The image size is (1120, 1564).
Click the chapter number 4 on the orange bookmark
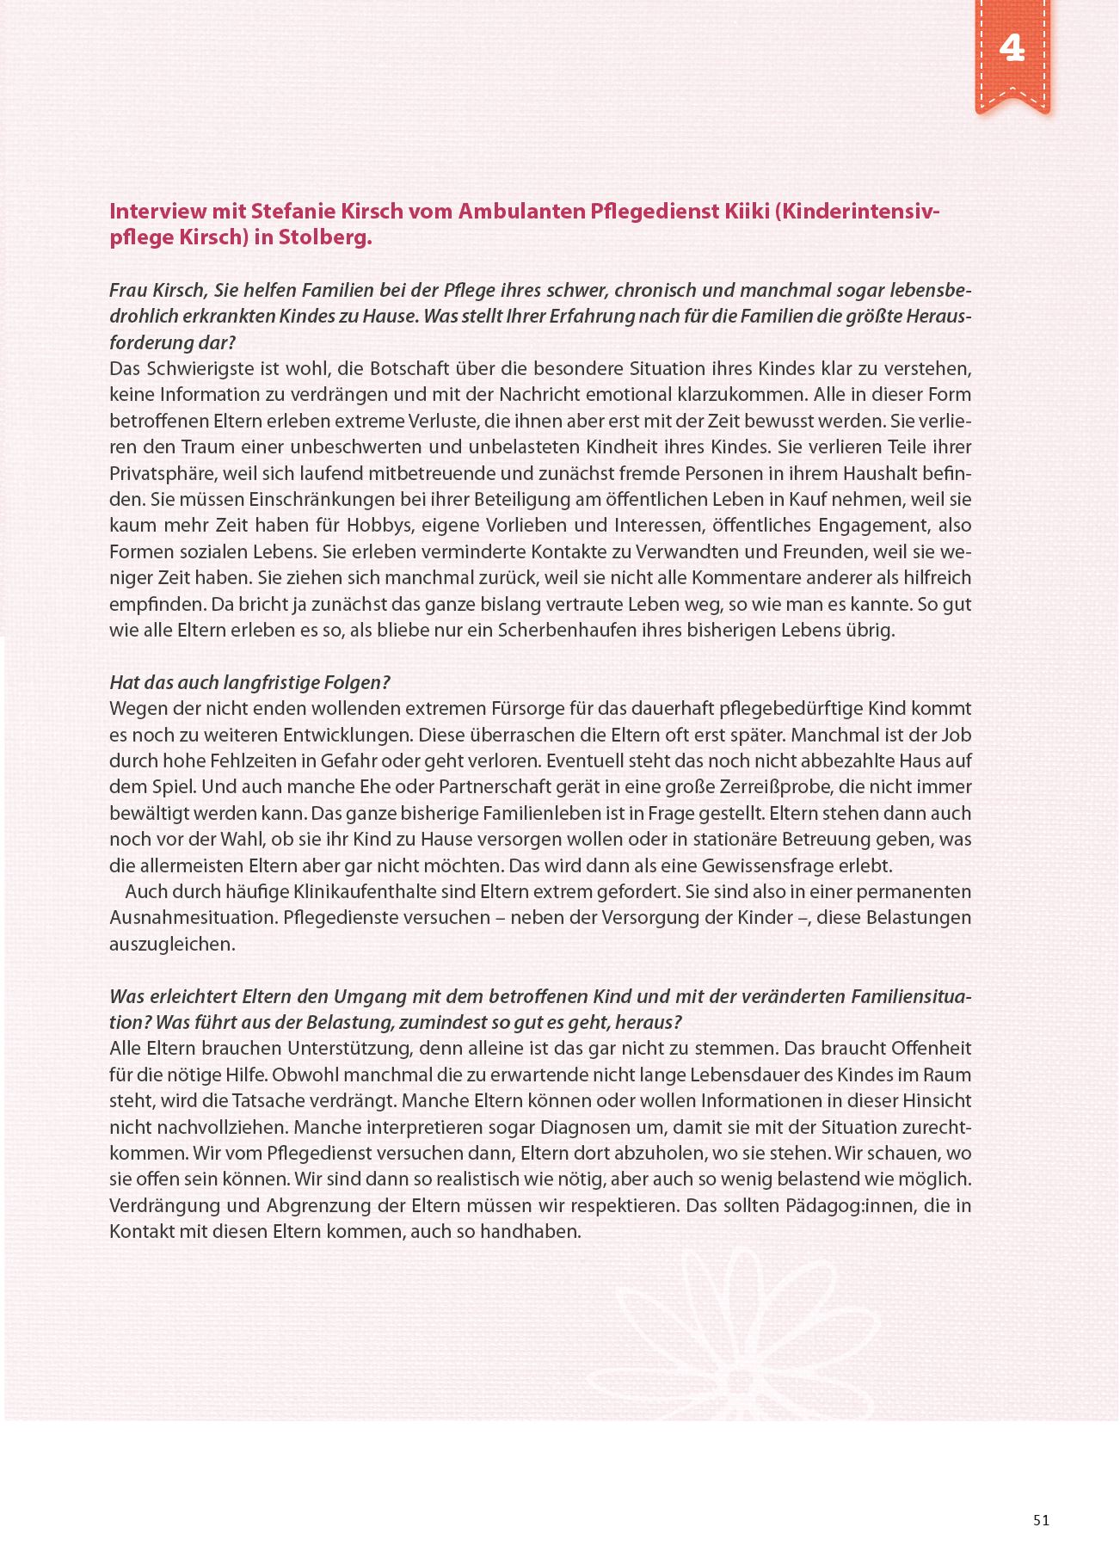tap(1012, 48)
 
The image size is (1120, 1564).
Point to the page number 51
tap(1041, 1520)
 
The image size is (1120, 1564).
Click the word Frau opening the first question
tap(127, 291)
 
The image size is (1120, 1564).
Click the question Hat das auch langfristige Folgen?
tap(249, 683)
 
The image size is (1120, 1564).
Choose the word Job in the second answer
tap(956, 736)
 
